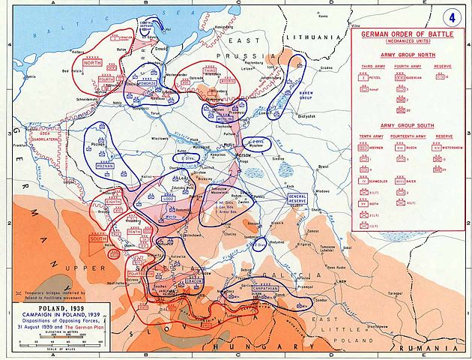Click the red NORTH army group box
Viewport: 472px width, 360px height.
(x=92, y=62)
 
